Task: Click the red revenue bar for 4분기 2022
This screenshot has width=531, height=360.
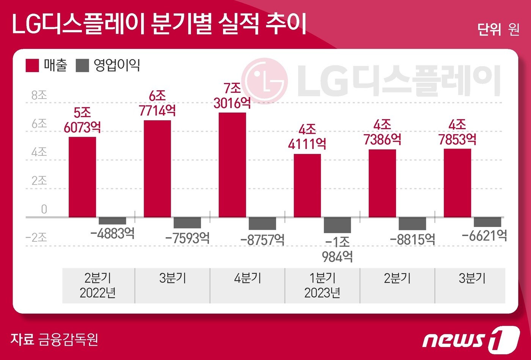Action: [232, 165]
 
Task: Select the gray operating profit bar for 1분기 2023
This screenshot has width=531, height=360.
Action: [337, 225]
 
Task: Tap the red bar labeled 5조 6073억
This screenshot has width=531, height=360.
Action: [82, 177]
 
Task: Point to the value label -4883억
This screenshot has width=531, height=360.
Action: [113, 233]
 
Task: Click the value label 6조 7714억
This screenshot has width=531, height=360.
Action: [157, 103]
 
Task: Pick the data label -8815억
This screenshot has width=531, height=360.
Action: [412, 239]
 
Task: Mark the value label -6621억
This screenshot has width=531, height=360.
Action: [484, 236]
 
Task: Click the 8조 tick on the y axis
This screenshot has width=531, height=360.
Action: [39, 95]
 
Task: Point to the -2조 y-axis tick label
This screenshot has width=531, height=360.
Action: [36, 238]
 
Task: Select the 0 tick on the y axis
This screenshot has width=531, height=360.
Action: [44, 209]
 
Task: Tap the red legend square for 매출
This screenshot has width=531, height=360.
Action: [32, 66]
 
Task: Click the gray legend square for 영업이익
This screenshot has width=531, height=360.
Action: [82, 66]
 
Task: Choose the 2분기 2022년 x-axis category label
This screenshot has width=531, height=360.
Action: [98, 285]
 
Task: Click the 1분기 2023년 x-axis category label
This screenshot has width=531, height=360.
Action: [322, 285]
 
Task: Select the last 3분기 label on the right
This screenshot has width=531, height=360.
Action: [472, 279]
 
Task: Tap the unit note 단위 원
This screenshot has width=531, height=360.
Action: [498, 29]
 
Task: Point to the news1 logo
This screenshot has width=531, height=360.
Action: [470, 338]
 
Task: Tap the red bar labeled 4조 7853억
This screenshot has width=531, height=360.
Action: [457, 183]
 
